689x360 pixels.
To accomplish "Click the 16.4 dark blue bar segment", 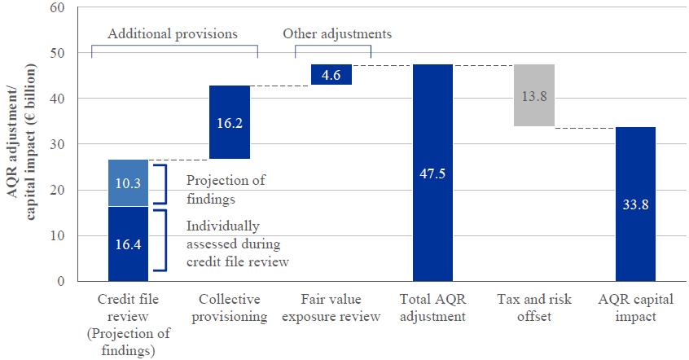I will (128, 244).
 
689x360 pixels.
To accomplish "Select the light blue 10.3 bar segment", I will (128, 183).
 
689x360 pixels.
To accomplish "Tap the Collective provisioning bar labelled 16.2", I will (230, 122).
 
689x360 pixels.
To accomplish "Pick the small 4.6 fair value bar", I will (331, 74).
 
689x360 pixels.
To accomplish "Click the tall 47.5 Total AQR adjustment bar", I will (432, 173).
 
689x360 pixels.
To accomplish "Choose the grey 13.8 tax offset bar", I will (534, 95).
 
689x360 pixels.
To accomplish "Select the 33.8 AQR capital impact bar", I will (635, 204).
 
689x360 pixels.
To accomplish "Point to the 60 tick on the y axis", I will (56, 8).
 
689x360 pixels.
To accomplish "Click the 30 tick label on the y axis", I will (56, 145).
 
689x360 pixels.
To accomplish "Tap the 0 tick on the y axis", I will (59, 282).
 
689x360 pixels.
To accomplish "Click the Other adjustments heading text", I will (337, 35).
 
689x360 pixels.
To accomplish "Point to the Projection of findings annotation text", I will (226, 188).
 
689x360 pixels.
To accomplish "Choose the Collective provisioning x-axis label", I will (230, 309).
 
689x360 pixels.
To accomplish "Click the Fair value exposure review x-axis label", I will (331, 309).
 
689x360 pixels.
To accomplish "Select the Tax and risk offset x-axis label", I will (534, 309).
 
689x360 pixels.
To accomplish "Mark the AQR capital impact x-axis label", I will (635, 309).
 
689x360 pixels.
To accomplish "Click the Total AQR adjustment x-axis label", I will (432, 309).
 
